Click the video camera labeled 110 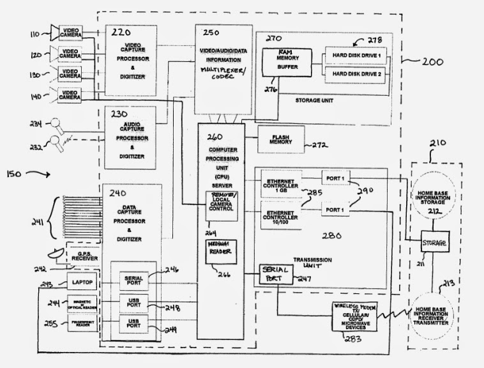pyautogui.click(x=70, y=32)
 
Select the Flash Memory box pyautogui.click(x=281, y=139)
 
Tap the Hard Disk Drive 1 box pyautogui.click(x=356, y=56)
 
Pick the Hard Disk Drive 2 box pyautogui.click(x=356, y=74)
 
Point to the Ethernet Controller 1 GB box pyautogui.click(x=281, y=185)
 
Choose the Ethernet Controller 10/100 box pyautogui.click(x=281, y=215)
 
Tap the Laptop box pyautogui.click(x=83, y=282)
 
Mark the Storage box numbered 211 pyautogui.click(x=434, y=244)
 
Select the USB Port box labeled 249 pyautogui.click(x=134, y=323)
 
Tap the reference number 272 pyautogui.click(x=320, y=146)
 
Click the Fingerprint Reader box pyautogui.click(x=83, y=324)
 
